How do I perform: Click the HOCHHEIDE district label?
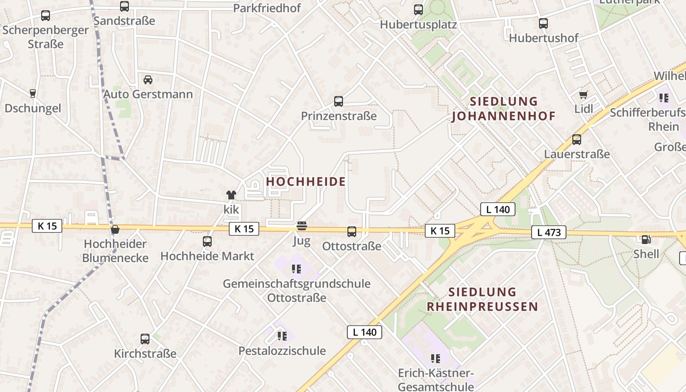[x=306, y=182]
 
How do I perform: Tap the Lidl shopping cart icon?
[x=583, y=95]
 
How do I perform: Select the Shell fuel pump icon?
[x=646, y=240]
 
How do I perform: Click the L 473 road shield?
[x=549, y=232]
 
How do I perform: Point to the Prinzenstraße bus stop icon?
[x=339, y=101]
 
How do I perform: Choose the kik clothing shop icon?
[x=231, y=195]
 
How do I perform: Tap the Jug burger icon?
[x=302, y=226]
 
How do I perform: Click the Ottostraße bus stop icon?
[x=352, y=232]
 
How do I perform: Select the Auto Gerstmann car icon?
[x=148, y=80]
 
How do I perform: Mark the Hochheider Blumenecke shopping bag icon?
[x=115, y=229]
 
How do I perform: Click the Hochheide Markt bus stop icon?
[x=207, y=242]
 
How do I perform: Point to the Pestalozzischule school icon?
[x=282, y=336]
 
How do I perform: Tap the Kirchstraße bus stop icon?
[x=145, y=339]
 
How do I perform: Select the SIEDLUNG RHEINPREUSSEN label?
[x=482, y=299]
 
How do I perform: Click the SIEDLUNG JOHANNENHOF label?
[x=504, y=109]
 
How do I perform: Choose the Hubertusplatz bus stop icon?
[x=418, y=9]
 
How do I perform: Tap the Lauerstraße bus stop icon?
[x=577, y=140]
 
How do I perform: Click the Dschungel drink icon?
[x=33, y=94]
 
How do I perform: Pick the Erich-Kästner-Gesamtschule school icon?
[x=436, y=359]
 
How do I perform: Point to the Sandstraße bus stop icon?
[x=124, y=6]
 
